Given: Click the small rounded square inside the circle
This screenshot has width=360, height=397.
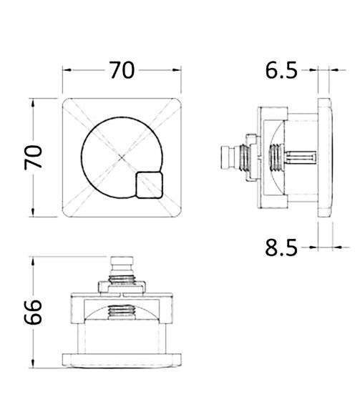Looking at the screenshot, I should pyautogui.click(x=148, y=185).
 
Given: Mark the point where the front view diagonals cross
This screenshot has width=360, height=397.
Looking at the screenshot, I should pyautogui.click(x=122, y=157).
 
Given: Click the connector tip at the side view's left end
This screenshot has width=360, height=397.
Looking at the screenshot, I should pyautogui.click(x=225, y=155).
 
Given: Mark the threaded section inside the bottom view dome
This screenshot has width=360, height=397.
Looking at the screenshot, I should pyautogui.click(x=123, y=311).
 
